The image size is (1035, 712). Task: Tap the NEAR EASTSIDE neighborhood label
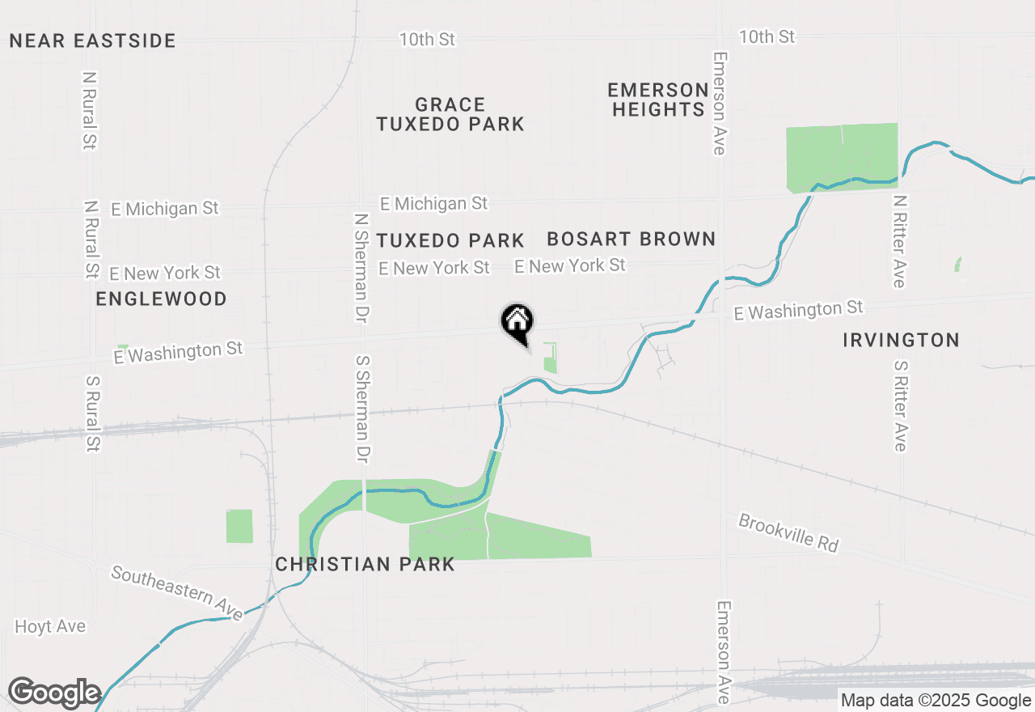(92, 40)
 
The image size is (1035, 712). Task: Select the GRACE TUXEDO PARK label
(450, 114)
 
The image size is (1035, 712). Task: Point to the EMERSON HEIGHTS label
(658, 100)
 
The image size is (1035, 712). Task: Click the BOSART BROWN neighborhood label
(632, 239)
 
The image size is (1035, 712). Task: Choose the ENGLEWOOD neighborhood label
(161, 299)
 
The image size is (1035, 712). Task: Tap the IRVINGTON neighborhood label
(901, 340)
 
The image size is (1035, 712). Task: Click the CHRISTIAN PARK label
(365, 564)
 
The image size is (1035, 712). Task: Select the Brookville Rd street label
(788, 532)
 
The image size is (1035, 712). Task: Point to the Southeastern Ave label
(177, 593)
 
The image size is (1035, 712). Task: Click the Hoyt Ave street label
(50, 626)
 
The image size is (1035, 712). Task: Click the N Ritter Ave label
(898, 241)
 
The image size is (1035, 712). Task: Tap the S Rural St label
(93, 413)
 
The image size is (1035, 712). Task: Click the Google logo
(54, 693)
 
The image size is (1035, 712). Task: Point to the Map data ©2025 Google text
(936, 701)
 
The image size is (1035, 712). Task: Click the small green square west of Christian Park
(239, 526)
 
